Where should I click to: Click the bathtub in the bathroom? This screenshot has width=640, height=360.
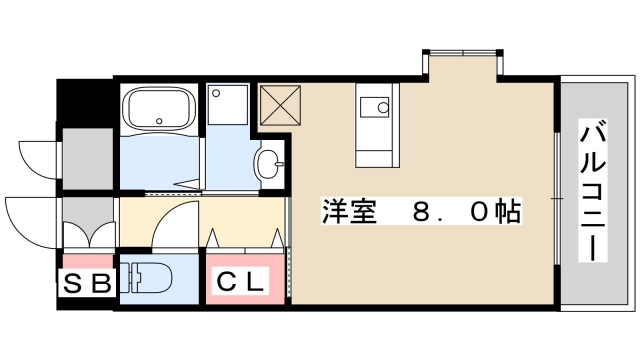pos(159,110)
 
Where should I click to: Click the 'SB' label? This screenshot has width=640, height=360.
pos(87,283)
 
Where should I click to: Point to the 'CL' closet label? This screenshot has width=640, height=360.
pos(242,283)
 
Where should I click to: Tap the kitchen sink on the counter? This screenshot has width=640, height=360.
pos(378,106)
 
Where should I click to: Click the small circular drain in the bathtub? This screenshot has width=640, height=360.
pos(160,122)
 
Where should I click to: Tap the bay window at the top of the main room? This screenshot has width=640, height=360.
pos(461,52)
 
